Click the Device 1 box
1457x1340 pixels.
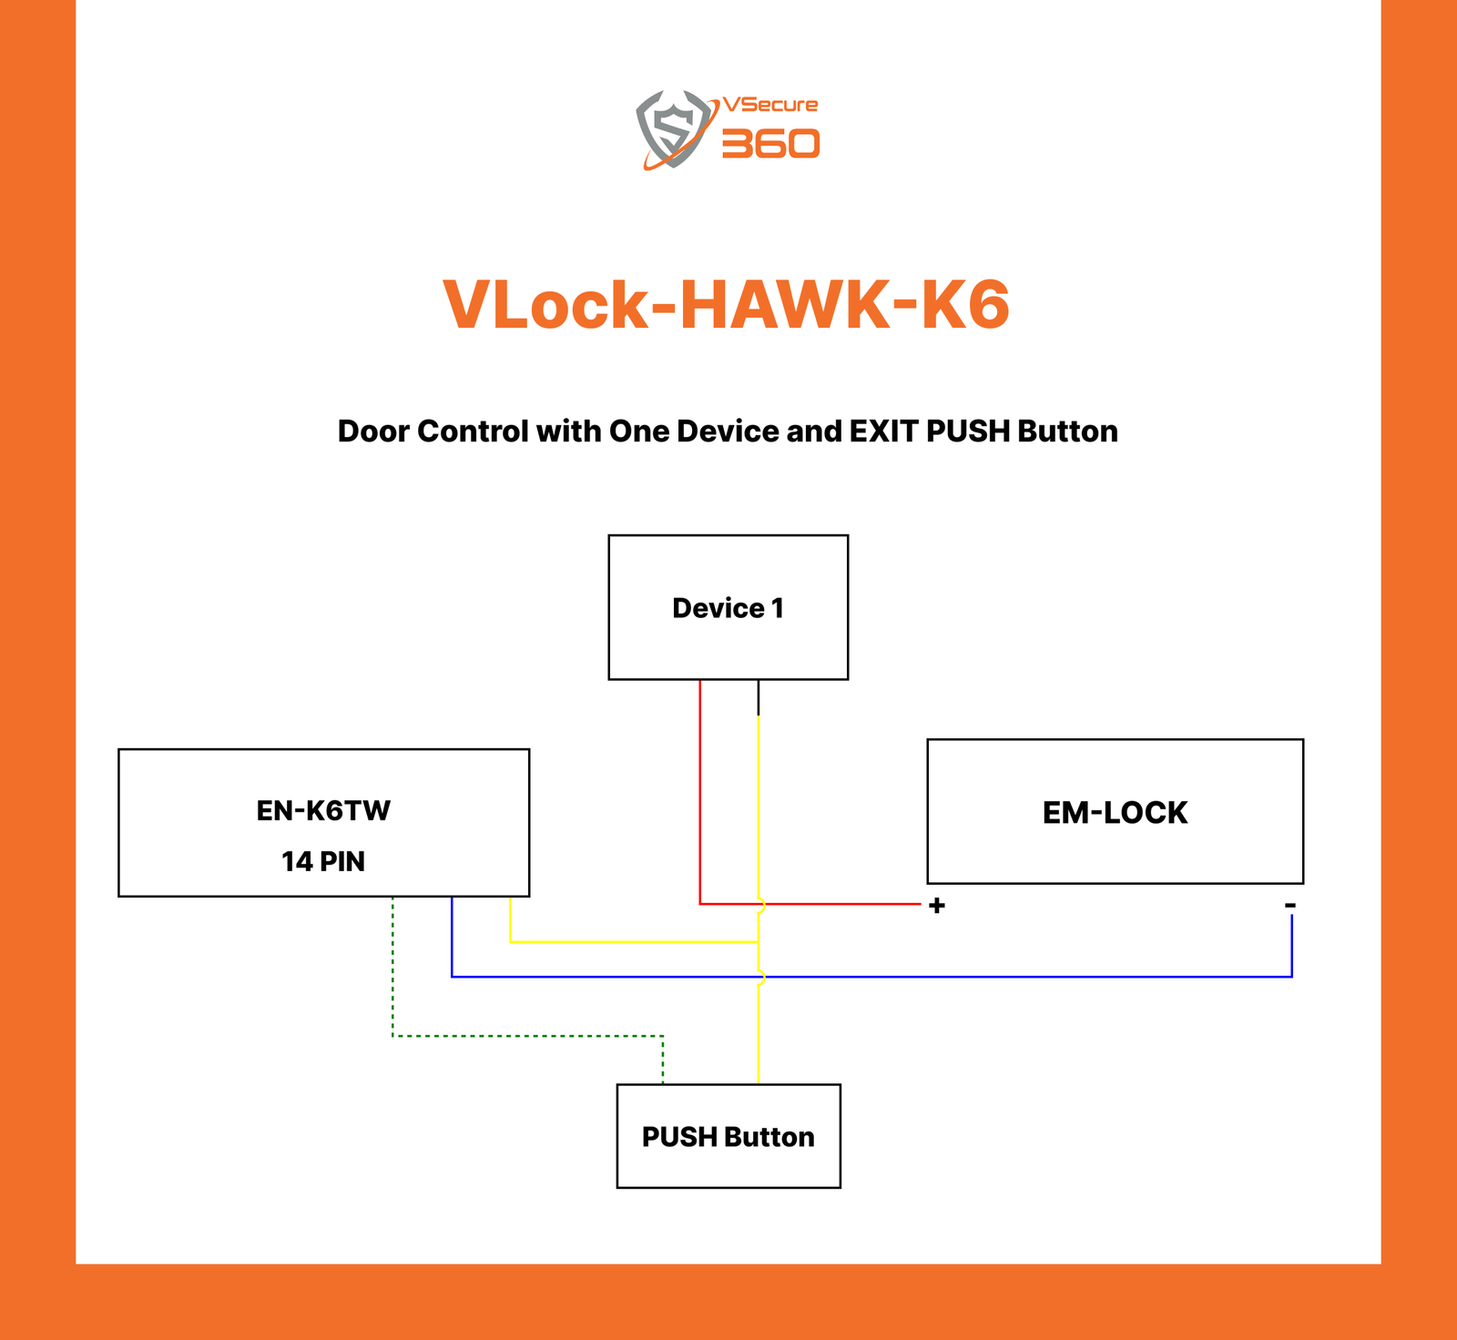(x=728, y=607)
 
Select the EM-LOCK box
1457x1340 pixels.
(x=1115, y=811)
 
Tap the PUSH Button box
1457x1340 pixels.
(x=728, y=1136)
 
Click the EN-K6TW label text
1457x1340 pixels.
(x=323, y=810)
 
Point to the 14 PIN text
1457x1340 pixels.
(x=323, y=861)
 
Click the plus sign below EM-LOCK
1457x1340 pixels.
(x=936, y=906)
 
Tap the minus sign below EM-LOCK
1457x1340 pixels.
(x=1290, y=905)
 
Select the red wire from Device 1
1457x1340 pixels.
(x=699, y=792)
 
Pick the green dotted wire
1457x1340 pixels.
(x=528, y=1036)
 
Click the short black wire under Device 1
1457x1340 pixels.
(x=759, y=698)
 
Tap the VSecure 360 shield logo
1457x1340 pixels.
(x=673, y=128)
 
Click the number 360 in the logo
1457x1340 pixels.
(x=770, y=144)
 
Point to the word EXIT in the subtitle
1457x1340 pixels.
(x=884, y=431)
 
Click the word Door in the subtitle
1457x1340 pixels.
(x=373, y=431)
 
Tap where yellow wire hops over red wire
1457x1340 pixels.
(x=760, y=904)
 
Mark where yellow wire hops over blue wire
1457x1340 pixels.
(x=760, y=977)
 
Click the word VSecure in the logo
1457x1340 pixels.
(x=770, y=105)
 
